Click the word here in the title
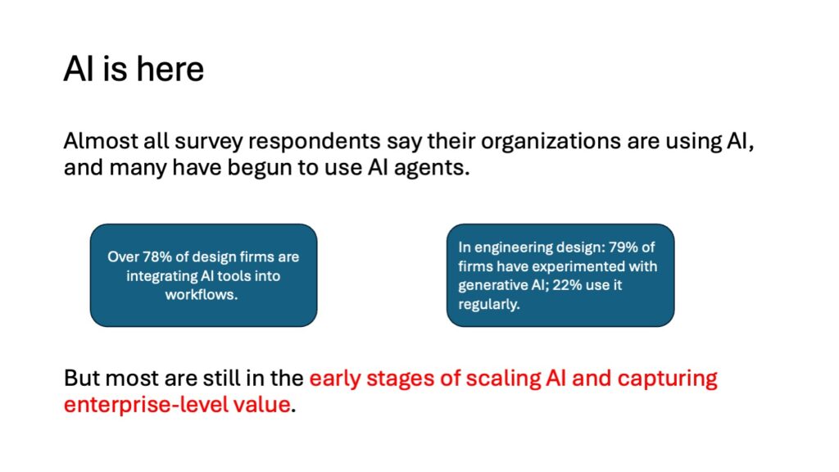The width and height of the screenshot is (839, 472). coord(170,69)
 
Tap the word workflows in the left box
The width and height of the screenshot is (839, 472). coord(202,294)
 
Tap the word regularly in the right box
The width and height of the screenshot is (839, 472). coord(489,304)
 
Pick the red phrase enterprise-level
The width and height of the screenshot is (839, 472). coord(143,405)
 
